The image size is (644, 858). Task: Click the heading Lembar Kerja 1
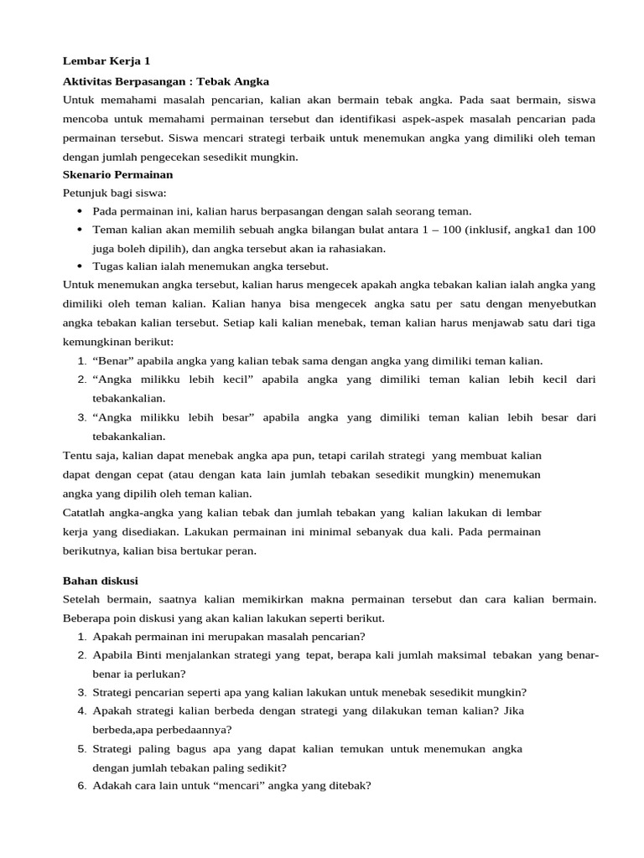click(106, 61)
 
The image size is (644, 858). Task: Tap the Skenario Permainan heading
click(118, 174)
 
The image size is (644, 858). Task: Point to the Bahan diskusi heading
click(101, 580)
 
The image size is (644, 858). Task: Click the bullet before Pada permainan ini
click(79, 211)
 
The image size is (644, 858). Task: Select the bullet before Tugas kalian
click(79, 266)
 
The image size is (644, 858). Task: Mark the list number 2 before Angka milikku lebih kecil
click(81, 380)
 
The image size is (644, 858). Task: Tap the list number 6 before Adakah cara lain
click(81, 786)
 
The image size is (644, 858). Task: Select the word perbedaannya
click(173, 729)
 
